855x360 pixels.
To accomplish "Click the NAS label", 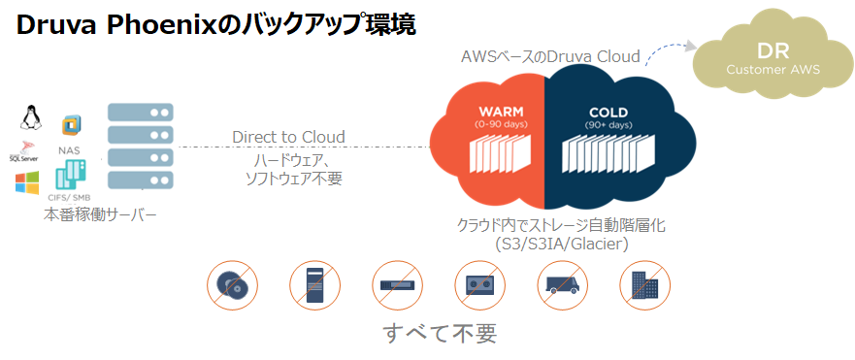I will pos(70,150).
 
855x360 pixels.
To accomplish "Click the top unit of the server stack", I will pos(140,113).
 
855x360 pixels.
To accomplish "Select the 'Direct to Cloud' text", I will pos(288,137).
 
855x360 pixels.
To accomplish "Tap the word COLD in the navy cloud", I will pos(608,112).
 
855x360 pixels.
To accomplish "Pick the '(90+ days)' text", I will pos(608,125).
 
